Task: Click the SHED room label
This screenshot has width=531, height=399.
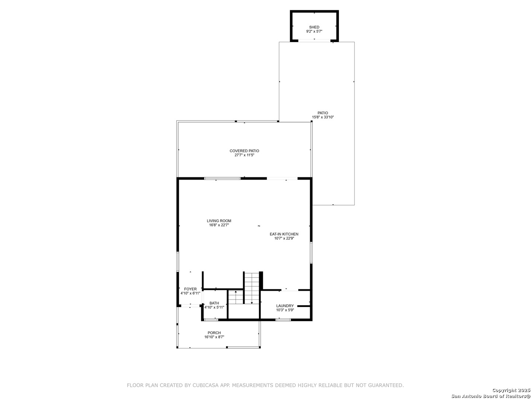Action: tap(314, 27)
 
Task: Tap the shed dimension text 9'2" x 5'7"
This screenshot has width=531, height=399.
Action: tap(314, 31)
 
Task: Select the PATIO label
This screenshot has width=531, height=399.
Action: tap(323, 113)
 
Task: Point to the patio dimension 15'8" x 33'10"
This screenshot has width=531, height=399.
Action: tap(323, 117)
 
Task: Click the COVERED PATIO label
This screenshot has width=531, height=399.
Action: tap(244, 151)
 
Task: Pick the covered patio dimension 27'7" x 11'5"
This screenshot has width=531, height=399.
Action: tap(244, 155)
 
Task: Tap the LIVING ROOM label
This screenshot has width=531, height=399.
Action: tap(219, 221)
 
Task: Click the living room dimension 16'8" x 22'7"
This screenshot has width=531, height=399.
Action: tap(219, 225)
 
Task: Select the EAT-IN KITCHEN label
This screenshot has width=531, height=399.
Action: tap(284, 234)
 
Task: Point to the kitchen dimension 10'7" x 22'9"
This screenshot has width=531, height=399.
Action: tap(284, 238)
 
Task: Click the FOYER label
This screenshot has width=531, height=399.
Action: tap(190, 289)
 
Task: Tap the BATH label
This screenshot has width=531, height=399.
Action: tap(214, 303)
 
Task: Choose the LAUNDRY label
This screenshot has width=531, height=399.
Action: tap(285, 306)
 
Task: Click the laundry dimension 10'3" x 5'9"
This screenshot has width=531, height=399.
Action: tap(285, 310)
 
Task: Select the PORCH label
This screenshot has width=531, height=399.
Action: tap(214, 333)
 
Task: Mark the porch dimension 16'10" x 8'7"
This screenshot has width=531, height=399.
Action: tap(214, 337)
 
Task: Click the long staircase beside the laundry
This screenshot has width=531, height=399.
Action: tap(252, 288)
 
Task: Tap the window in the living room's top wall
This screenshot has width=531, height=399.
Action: tap(222, 178)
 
